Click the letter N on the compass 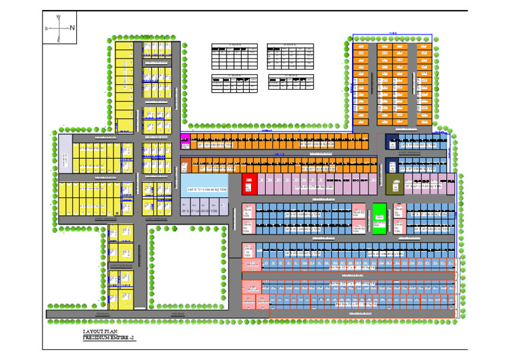point(72,27)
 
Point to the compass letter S point(46,29)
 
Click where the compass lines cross point(58,28)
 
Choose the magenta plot point(185,140)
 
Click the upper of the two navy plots point(392,141)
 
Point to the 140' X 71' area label point(205,190)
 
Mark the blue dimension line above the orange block point(392,34)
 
